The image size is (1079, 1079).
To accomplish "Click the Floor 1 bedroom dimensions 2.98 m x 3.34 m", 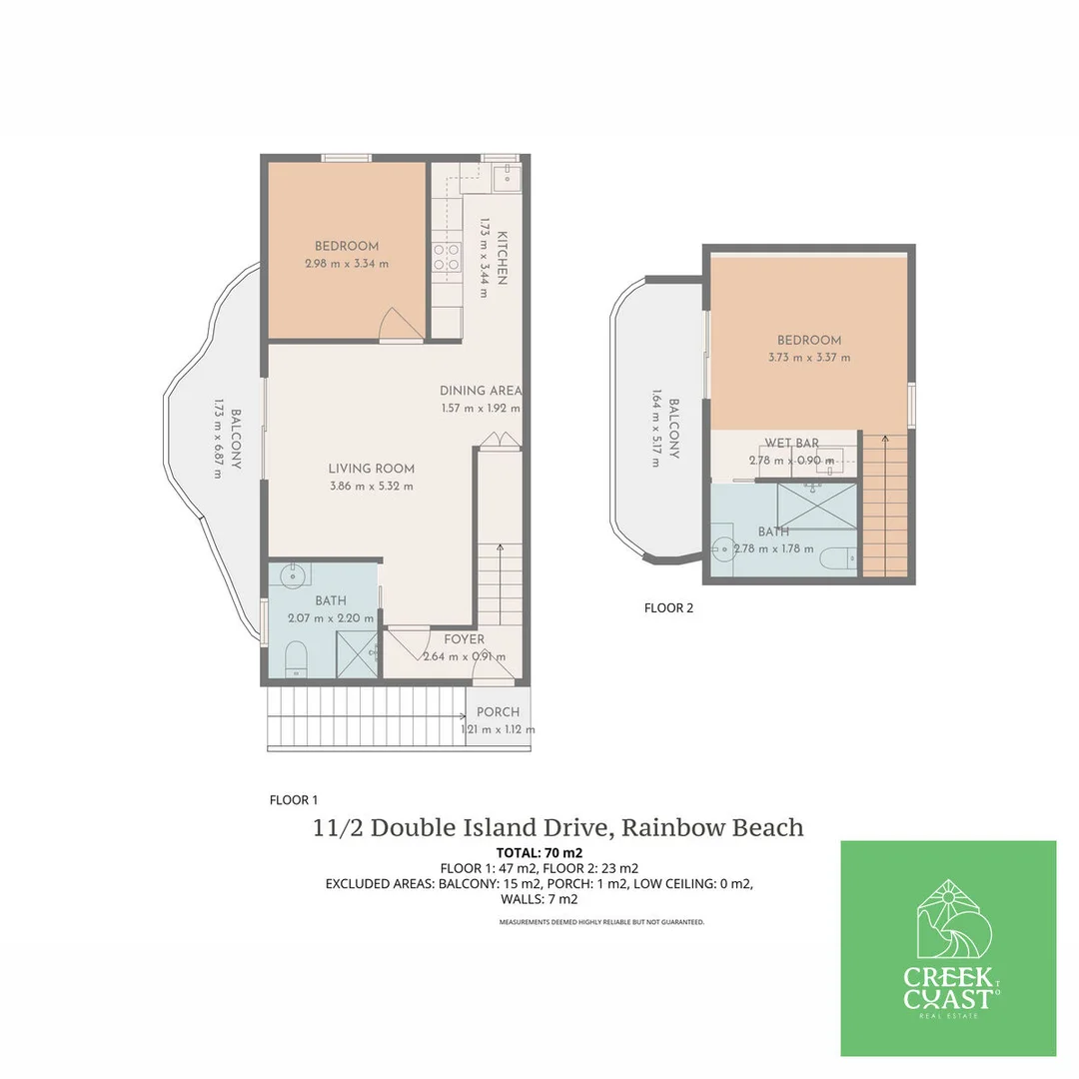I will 347,264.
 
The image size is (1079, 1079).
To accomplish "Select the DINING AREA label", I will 482,391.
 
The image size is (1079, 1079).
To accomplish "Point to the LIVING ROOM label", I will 372,468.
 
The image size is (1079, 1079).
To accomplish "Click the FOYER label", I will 465,639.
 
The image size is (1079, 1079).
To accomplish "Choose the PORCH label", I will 498,712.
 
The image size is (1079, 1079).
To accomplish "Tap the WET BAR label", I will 792,443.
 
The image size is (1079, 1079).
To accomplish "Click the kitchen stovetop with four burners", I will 446,258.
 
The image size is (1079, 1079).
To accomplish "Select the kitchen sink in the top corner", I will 506,180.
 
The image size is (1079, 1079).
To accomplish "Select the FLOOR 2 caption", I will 668,607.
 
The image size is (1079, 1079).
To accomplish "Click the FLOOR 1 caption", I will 294,799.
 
